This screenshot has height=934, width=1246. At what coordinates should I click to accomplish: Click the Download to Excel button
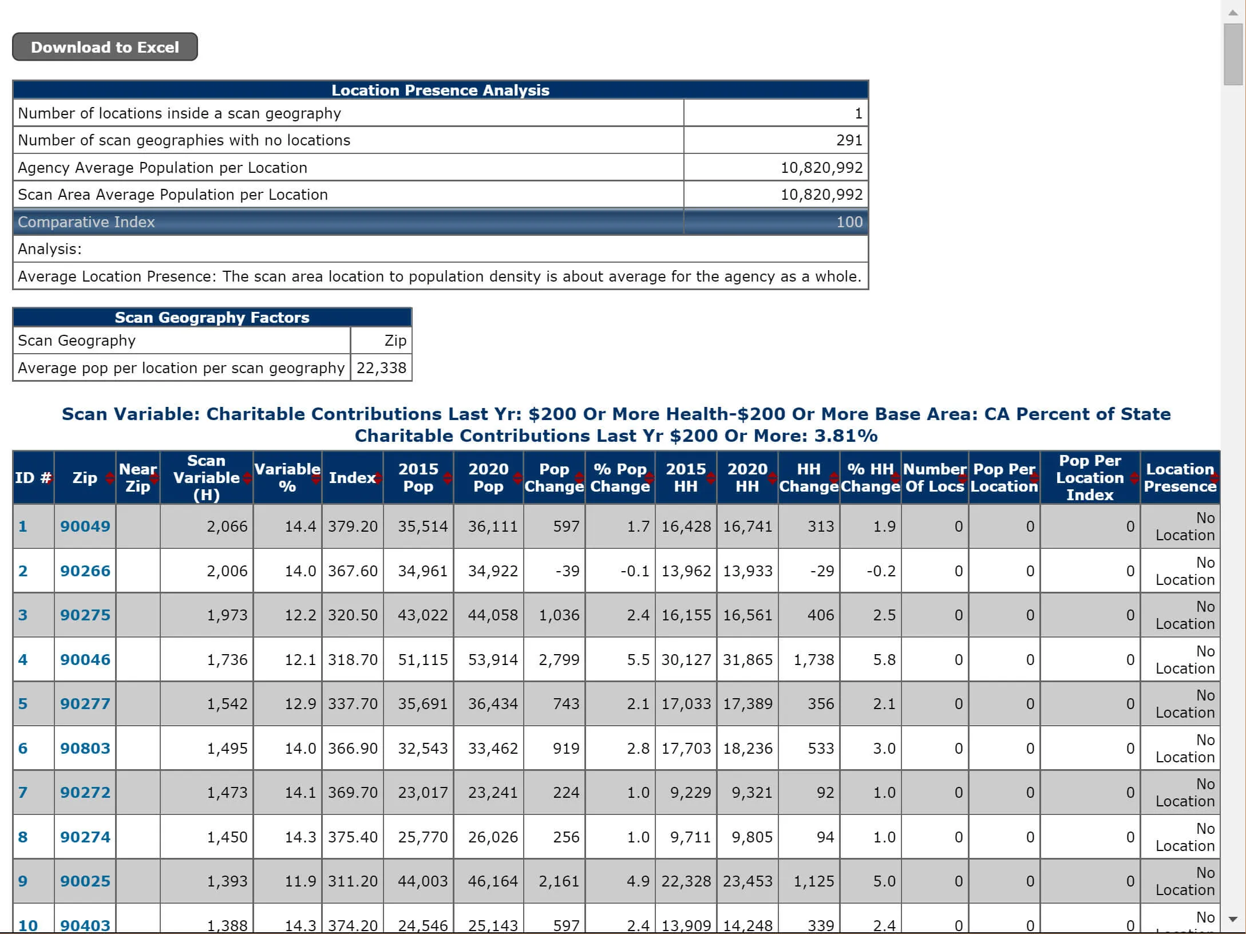pyautogui.click(x=105, y=47)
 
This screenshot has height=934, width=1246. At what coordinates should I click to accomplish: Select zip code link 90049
pyautogui.click(x=85, y=526)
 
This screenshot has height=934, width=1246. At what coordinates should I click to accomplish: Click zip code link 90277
pyautogui.click(x=85, y=703)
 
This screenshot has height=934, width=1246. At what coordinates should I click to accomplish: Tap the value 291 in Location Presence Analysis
pyautogui.click(x=848, y=140)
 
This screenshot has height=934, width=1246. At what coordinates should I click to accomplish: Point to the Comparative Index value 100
pyautogui.click(x=849, y=222)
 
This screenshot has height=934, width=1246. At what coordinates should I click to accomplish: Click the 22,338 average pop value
pyautogui.click(x=381, y=367)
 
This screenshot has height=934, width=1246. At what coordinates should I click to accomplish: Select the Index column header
pyautogui.click(x=351, y=477)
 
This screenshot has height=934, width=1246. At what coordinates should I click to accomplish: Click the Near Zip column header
pyautogui.click(x=137, y=477)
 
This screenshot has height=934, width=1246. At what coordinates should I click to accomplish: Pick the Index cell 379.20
pyautogui.click(x=353, y=526)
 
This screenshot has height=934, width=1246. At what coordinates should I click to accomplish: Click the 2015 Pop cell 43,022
pyautogui.click(x=422, y=615)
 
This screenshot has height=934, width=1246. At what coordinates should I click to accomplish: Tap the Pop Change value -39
pyautogui.click(x=567, y=571)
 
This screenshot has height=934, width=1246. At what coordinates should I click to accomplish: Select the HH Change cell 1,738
pyautogui.click(x=813, y=659)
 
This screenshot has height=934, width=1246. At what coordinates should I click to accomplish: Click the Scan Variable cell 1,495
pyautogui.click(x=227, y=748)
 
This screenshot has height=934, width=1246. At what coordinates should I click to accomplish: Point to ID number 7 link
pyautogui.click(x=23, y=792)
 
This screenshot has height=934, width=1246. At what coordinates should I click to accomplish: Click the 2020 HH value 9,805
pyautogui.click(x=751, y=837)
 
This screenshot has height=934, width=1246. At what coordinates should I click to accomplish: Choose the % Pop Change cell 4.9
pyautogui.click(x=638, y=881)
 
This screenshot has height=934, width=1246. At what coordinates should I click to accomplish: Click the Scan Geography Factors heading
pyautogui.click(x=212, y=318)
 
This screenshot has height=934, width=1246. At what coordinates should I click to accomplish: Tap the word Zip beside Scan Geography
pyautogui.click(x=395, y=341)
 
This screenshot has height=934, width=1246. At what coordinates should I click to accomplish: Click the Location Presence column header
pyautogui.click(x=1179, y=477)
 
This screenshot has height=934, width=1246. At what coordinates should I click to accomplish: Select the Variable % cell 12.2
pyautogui.click(x=300, y=615)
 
